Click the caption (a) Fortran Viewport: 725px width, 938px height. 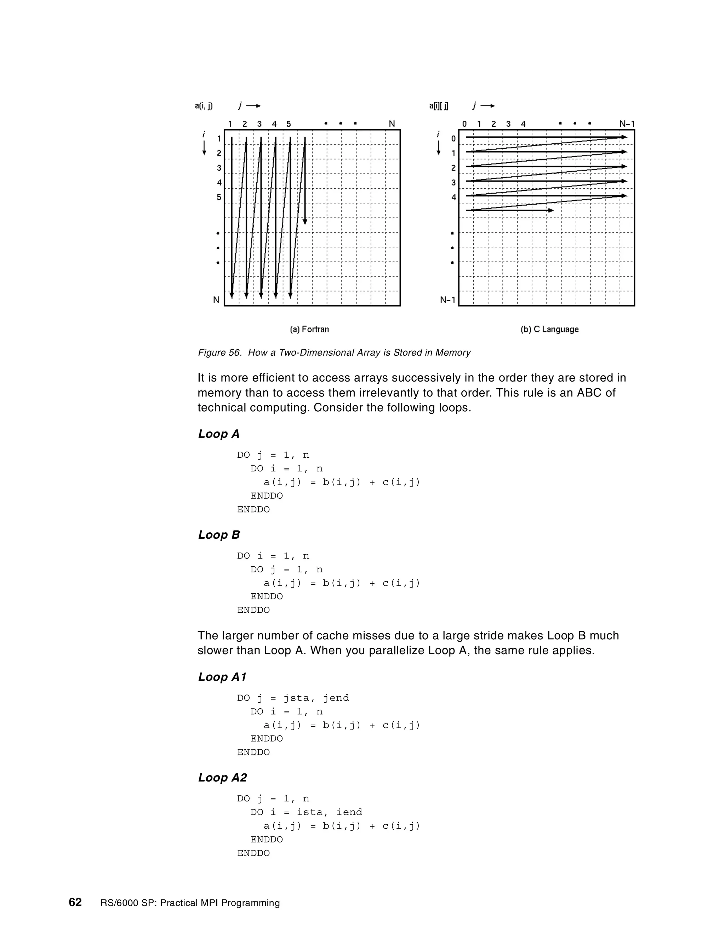coord(309,330)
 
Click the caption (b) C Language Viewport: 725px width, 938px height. coord(549,330)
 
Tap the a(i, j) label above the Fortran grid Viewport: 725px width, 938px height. coord(204,105)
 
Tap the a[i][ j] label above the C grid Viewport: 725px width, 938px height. coord(439,105)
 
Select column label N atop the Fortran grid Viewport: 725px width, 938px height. coord(392,124)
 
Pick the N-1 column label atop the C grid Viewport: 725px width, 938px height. coord(627,124)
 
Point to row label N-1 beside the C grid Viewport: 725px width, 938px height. coord(447,300)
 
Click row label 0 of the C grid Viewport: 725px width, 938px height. coord(453,139)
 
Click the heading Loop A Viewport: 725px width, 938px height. coord(219,434)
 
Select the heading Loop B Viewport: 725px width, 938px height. coord(219,535)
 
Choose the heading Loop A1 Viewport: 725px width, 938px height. coord(222,677)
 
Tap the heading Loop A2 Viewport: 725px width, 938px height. coord(222,777)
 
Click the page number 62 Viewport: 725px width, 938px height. coord(75,902)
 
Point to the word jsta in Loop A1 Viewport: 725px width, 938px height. coord(296,698)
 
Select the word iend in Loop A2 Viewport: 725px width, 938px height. coord(349,812)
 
